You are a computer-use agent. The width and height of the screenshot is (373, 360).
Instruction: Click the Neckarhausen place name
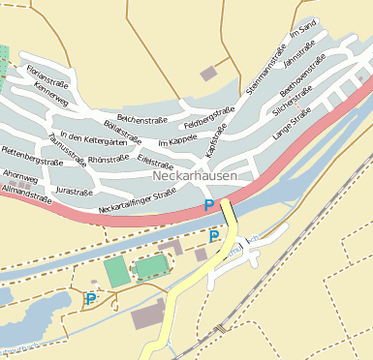point(194,178)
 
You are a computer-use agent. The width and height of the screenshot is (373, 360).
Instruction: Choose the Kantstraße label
point(213,149)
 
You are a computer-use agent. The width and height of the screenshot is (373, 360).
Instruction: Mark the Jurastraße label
point(75,192)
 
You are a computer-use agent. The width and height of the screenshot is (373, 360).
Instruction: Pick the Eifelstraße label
point(155,159)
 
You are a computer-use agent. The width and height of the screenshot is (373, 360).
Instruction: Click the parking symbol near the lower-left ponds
point(90,300)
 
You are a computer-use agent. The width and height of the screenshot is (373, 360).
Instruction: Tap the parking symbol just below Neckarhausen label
point(208,205)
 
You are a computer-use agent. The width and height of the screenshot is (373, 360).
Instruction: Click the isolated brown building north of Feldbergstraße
point(208,74)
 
